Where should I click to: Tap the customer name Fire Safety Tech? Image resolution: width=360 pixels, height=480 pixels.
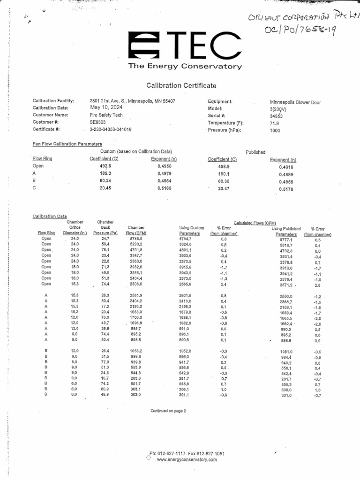click(106, 115)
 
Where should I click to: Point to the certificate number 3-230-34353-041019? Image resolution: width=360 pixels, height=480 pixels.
click(111, 129)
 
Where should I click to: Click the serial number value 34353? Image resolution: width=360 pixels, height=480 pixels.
click(277, 115)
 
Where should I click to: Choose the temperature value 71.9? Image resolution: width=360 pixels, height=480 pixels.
click(275, 123)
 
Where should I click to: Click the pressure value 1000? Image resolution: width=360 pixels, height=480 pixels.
click(275, 131)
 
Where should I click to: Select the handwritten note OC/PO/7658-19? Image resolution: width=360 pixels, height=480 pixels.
click(300, 30)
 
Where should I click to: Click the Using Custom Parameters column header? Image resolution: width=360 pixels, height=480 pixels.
click(192, 230)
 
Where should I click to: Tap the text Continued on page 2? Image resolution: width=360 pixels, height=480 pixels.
click(168, 411)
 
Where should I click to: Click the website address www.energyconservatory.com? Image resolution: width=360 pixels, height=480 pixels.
click(187, 460)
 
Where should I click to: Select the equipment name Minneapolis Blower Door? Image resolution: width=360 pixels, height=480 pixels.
click(295, 102)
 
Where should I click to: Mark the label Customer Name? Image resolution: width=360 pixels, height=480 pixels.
click(51, 115)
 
